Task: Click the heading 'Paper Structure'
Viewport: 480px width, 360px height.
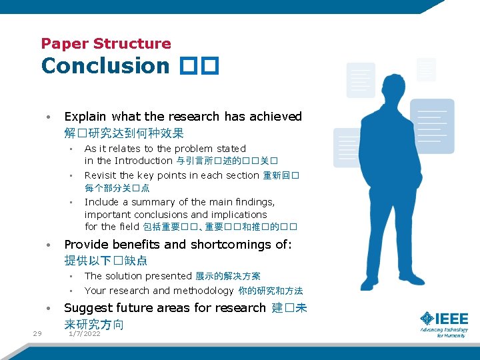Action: [106, 44]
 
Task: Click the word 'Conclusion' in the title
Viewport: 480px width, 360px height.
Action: [105, 66]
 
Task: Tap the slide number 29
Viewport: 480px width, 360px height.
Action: [37, 333]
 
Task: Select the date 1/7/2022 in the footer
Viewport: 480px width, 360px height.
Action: [85, 333]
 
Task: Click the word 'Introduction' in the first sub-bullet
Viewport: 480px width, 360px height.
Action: [143, 161]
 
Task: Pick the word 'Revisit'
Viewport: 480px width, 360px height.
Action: [100, 175]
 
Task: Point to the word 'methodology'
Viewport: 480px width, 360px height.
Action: [203, 291]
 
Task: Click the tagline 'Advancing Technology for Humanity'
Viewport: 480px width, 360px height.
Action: [443, 332]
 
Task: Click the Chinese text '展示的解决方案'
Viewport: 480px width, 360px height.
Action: [228, 276]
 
